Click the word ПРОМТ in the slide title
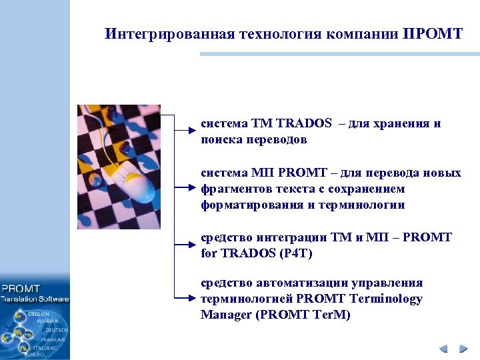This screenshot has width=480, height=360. (433, 34)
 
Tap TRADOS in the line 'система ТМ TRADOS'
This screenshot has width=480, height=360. (304, 123)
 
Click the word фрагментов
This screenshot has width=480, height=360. (230, 189)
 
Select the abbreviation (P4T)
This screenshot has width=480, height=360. (294, 253)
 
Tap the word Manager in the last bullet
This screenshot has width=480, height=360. (225, 315)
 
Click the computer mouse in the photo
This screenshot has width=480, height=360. (134, 183)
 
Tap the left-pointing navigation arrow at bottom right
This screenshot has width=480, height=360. (443, 349)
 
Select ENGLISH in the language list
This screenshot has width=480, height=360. (39, 314)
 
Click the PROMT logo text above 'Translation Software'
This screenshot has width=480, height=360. (21, 289)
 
